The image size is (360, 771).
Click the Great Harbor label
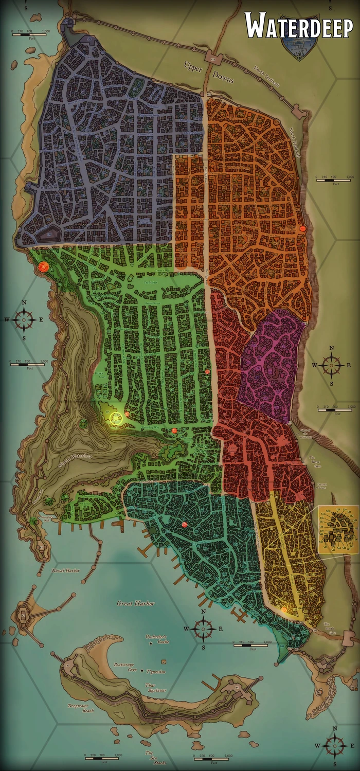pyautogui.click(x=135, y=603)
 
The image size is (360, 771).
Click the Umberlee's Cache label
pyautogui.click(x=157, y=639)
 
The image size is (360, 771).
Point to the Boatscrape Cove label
pyautogui.click(x=125, y=667)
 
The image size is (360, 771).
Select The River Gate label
pyautogui.click(x=314, y=459)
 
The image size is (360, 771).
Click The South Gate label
pyautogui.click(x=330, y=626)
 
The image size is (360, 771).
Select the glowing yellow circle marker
pyautogui.click(x=117, y=417)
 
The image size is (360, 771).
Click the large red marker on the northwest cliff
pyautogui.click(x=44, y=266)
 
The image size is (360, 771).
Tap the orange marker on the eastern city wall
pyautogui.click(x=303, y=229)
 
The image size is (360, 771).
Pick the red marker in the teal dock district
pyautogui.click(x=184, y=524)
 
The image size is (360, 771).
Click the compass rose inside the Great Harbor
pyautogui.click(x=204, y=628)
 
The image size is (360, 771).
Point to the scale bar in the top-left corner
pyautogui.click(x=31, y=32)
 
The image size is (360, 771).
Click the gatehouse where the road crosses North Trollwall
pyautogui.click(x=215, y=58)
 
